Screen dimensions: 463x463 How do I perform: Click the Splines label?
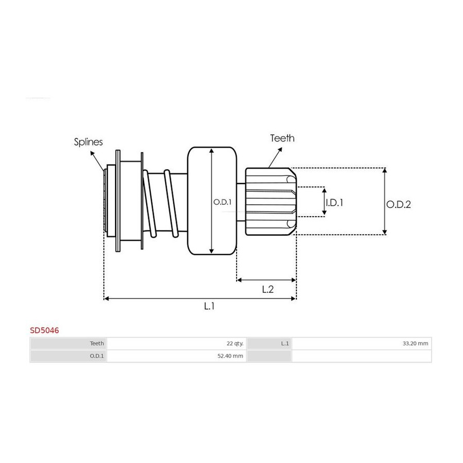pyautogui.click(x=88, y=142)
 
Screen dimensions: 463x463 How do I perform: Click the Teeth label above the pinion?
pyautogui.click(x=282, y=138)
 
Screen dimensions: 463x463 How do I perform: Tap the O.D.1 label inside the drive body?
pyautogui.click(x=222, y=202)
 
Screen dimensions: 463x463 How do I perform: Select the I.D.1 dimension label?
pyautogui.click(x=334, y=203)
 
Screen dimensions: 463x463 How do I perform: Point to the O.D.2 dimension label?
pyautogui.click(x=399, y=204)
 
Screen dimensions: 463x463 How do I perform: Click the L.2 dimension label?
pyautogui.click(x=268, y=289)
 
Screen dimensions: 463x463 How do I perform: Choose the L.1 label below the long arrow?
pyautogui.click(x=209, y=306)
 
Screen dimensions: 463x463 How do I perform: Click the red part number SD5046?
pyautogui.click(x=44, y=330)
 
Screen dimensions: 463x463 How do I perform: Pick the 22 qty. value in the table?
pyautogui.click(x=235, y=344)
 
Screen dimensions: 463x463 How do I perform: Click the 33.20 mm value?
pyautogui.click(x=415, y=344)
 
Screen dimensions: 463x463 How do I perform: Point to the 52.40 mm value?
pyautogui.click(x=230, y=356)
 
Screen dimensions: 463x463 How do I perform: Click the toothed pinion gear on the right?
pyautogui.click(x=271, y=202)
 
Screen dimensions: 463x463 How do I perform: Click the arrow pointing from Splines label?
pyautogui.click(x=97, y=161)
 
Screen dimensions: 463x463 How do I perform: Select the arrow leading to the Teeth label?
pyautogui.click(x=275, y=158)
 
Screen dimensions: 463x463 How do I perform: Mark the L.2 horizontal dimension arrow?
pyautogui.click(x=266, y=280)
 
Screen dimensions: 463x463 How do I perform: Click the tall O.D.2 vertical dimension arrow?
pyautogui.click(x=384, y=201)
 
